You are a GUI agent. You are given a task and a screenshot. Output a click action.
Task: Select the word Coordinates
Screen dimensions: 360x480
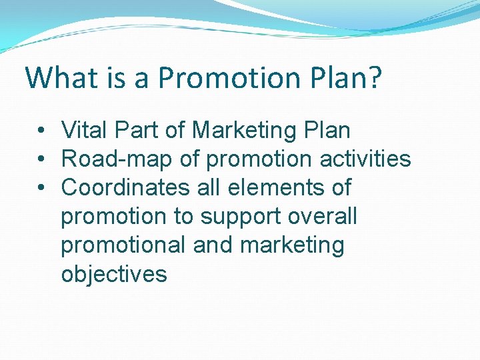pyautogui.click(x=125, y=187)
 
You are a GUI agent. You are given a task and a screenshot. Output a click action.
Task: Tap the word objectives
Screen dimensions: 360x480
pyautogui.click(x=114, y=274)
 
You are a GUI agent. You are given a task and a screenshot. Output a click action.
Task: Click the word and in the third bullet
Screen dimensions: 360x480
pyautogui.click(x=213, y=245)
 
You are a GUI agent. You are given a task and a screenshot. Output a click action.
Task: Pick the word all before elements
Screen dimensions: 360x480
pyautogui.click(x=209, y=187)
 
